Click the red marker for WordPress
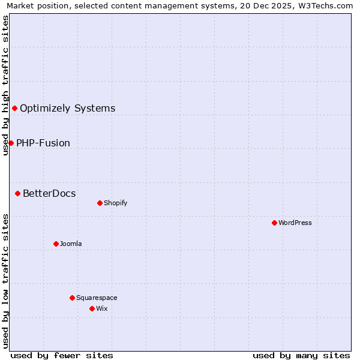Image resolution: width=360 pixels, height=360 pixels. [x=274, y=223]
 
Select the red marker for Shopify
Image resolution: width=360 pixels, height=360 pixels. [x=100, y=203]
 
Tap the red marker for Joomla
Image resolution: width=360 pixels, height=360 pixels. [x=56, y=244]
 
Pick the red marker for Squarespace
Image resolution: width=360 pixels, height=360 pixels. [x=72, y=298]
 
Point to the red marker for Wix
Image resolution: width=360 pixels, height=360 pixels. [x=92, y=308]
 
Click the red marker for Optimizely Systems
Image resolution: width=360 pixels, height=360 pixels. [x=14, y=108]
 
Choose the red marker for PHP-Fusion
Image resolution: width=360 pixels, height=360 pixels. [x=11, y=143]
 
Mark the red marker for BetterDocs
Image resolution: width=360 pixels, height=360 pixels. [x=17, y=193]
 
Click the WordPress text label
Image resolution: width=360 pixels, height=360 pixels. [x=295, y=223]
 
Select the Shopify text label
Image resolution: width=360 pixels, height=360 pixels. [x=116, y=203]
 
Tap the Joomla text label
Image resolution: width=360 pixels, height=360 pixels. [x=71, y=244]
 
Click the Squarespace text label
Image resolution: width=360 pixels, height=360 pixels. [x=97, y=298]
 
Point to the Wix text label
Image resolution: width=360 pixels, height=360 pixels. [x=102, y=308]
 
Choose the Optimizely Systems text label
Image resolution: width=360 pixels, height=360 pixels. [x=68, y=109]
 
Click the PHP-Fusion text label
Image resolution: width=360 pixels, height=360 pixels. [x=43, y=143]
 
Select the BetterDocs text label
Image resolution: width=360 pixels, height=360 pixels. [x=49, y=193]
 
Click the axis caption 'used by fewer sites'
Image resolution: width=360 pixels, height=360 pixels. [x=62, y=355]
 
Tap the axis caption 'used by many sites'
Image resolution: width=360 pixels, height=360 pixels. [x=301, y=355]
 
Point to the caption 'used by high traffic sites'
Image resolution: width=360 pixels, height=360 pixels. [x=5, y=85]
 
